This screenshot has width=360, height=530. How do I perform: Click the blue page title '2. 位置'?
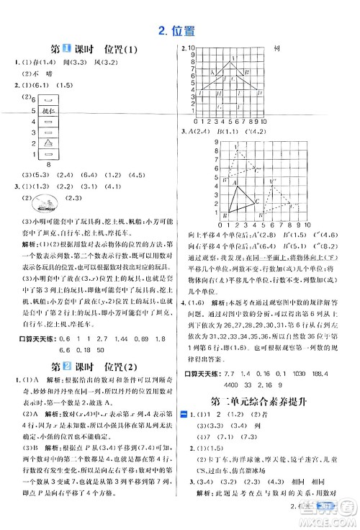pyautogui.click(x=179, y=30)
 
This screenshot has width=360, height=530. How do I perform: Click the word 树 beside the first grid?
pyautogui.click(x=277, y=50)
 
